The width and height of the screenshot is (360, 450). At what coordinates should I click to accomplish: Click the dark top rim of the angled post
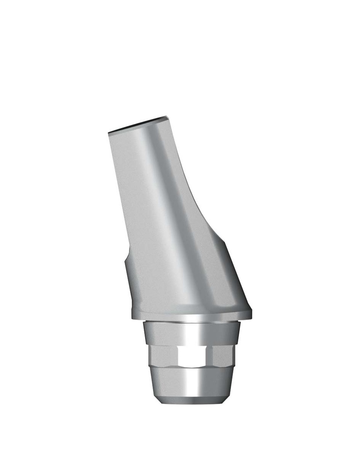click(x=137, y=125)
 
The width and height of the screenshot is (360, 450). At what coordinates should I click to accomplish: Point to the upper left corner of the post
click(x=109, y=133)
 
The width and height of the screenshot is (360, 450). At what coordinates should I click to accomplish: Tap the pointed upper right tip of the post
click(x=167, y=117)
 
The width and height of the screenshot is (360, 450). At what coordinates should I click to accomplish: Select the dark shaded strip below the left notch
click(x=130, y=286)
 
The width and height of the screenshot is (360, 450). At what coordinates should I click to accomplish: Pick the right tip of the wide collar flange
click(x=251, y=313)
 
